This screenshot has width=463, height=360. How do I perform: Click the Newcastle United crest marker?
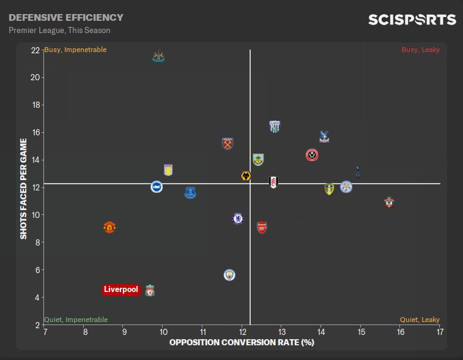click(158, 57)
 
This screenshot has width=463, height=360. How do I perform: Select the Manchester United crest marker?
click(109, 227)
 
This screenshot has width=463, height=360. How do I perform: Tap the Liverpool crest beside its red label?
click(150, 290)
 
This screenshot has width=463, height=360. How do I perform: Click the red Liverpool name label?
click(121, 290)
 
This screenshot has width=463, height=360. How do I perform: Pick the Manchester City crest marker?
click(229, 275)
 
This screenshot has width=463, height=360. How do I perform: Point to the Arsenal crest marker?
click(262, 227)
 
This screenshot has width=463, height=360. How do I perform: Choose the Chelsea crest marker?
click(238, 218)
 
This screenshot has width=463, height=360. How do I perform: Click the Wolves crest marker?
click(246, 176)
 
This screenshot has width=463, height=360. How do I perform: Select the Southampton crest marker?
click(389, 201)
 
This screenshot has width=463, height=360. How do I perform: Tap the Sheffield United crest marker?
click(312, 155)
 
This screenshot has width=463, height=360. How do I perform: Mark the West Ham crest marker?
click(228, 144)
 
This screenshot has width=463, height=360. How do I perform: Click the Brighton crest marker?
click(157, 187)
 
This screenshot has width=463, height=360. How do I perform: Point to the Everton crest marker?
click(190, 193)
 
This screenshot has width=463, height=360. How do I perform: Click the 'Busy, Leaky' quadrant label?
click(420, 50)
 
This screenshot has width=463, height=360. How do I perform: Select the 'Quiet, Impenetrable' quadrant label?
click(76, 320)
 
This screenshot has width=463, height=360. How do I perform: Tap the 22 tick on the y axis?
click(35, 50)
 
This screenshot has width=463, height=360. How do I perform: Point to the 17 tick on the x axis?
click(440, 332)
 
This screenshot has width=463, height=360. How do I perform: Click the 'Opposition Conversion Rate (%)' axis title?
click(242, 342)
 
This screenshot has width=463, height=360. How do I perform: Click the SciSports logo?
click(412, 20)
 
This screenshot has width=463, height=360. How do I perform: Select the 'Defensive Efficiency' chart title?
click(66, 18)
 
